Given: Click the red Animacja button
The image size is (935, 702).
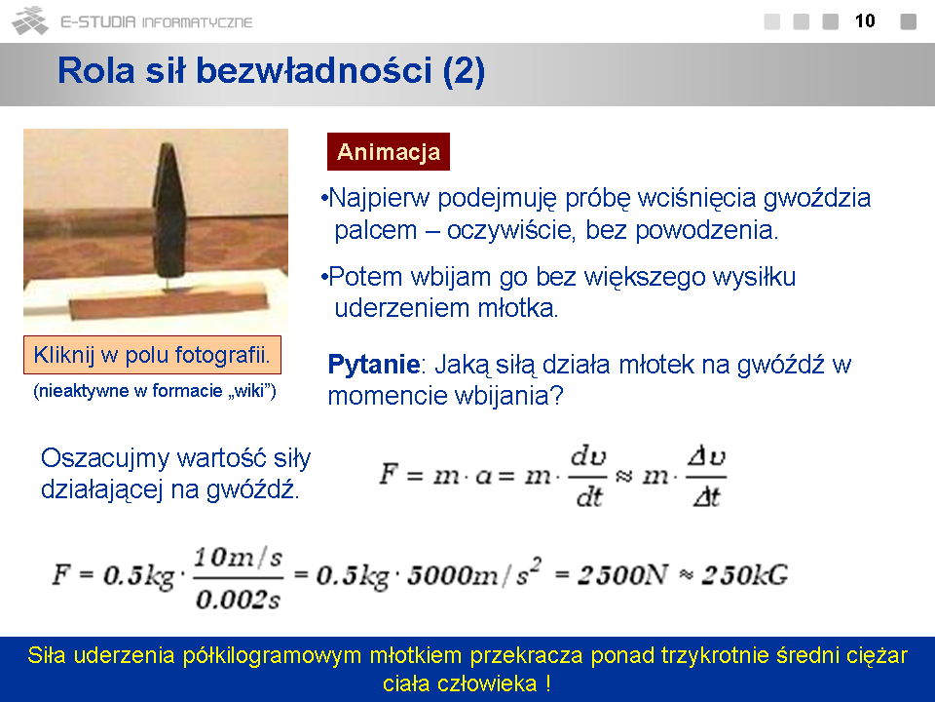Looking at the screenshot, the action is (x=389, y=152).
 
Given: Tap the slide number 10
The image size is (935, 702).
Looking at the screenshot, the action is (x=865, y=20).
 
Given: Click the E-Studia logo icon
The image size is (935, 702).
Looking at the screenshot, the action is (x=30, y=20).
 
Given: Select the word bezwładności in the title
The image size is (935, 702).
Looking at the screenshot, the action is (x=314, y=70).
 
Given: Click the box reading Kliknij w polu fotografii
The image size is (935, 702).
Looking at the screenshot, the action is (x=152, y=355).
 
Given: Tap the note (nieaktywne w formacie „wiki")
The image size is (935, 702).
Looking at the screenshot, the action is (x=155, y=391).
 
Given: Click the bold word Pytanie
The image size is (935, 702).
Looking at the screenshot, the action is (x=374, y=364).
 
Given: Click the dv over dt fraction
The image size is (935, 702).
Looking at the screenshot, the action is (x=588, y=477).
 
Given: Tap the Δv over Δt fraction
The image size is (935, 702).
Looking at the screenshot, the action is (x=707, y=477).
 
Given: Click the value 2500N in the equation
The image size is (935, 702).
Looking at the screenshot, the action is (x=622, y=575).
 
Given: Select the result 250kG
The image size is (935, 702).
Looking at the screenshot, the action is (x=745, y=575).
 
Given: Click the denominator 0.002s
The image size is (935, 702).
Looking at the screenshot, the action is (x=238, y=599).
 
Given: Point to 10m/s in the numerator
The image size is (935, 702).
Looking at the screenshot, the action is (x=238, y=558).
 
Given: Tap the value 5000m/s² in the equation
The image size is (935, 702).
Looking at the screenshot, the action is (x=473, y=573).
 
